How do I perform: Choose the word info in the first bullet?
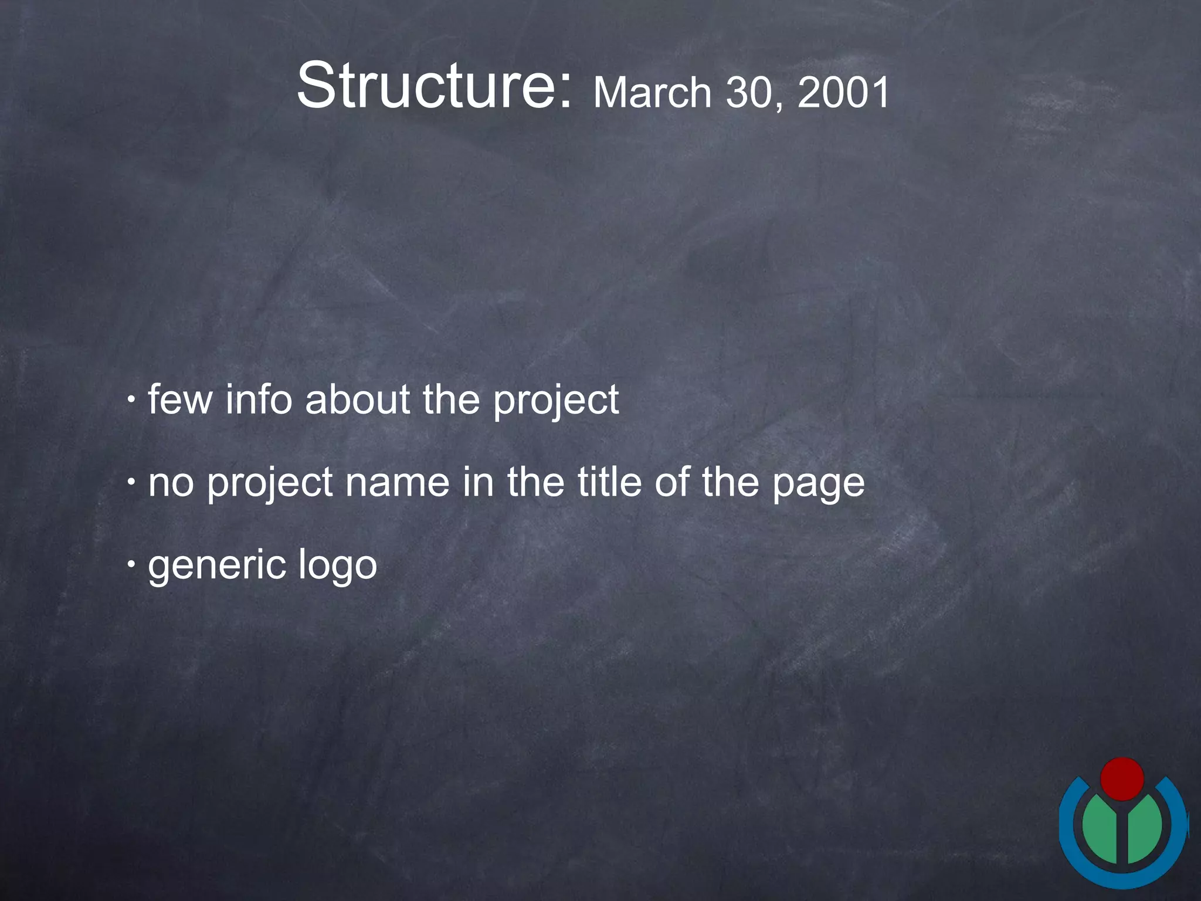(259, 400)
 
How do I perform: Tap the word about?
(357, 400)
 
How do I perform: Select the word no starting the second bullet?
(171, 483)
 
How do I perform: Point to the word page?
(818, 486)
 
